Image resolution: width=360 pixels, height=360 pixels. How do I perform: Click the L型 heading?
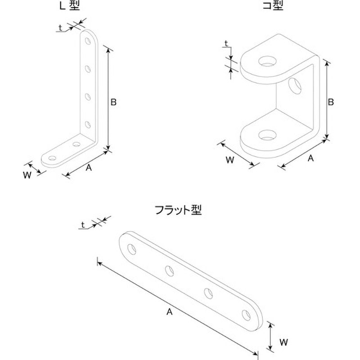[70, 5]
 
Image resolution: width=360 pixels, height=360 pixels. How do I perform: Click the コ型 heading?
[273, 5]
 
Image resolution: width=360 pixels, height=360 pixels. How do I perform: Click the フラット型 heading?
[178, 210]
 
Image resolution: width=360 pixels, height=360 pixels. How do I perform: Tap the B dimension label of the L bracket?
[113, 102]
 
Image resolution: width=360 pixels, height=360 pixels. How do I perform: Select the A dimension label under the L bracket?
[89, 168]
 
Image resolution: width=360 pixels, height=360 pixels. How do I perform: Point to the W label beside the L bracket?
[27, 175]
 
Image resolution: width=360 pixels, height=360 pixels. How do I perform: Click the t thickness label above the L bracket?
[60, 28]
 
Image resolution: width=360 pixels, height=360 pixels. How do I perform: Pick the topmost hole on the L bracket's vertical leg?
[88, 41]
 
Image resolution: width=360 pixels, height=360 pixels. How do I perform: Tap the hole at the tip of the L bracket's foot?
[53, 158]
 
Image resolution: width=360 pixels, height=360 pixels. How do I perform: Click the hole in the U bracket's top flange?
[267, 61]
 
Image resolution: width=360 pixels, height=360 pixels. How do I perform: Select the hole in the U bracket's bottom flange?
[267, 135]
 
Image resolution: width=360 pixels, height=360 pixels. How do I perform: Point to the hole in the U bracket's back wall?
[295, 86]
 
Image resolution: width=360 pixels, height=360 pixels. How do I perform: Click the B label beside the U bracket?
[331, 102]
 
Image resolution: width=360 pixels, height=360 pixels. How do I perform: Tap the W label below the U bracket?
[230, 160]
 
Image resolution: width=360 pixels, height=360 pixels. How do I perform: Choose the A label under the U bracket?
[310, 158]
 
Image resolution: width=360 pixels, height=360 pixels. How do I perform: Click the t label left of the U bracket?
[226, 43]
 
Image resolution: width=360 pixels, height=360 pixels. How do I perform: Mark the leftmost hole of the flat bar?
[132, 250]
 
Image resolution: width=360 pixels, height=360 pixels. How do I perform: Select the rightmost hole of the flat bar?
[246, 315]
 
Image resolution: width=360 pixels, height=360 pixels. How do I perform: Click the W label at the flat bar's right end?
[284, 342]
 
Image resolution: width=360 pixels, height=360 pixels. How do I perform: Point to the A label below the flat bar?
[170, 312]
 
